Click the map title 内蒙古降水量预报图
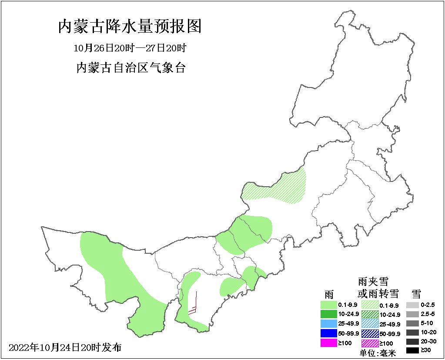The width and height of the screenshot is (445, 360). (x=130, y=27)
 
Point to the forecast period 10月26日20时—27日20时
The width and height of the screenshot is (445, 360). (x=130, y=47)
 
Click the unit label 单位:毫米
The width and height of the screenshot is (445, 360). (x=378, y=353)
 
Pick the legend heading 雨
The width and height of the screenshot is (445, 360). (x=329, y=294)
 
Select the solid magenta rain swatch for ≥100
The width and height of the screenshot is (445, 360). (x=328, y=343)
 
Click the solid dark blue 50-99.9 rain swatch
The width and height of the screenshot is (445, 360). (x=328, y=333)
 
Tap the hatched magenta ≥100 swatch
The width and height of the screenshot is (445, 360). (x=370, y=343)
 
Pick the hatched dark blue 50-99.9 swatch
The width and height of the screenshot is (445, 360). (x=370, y=333)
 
